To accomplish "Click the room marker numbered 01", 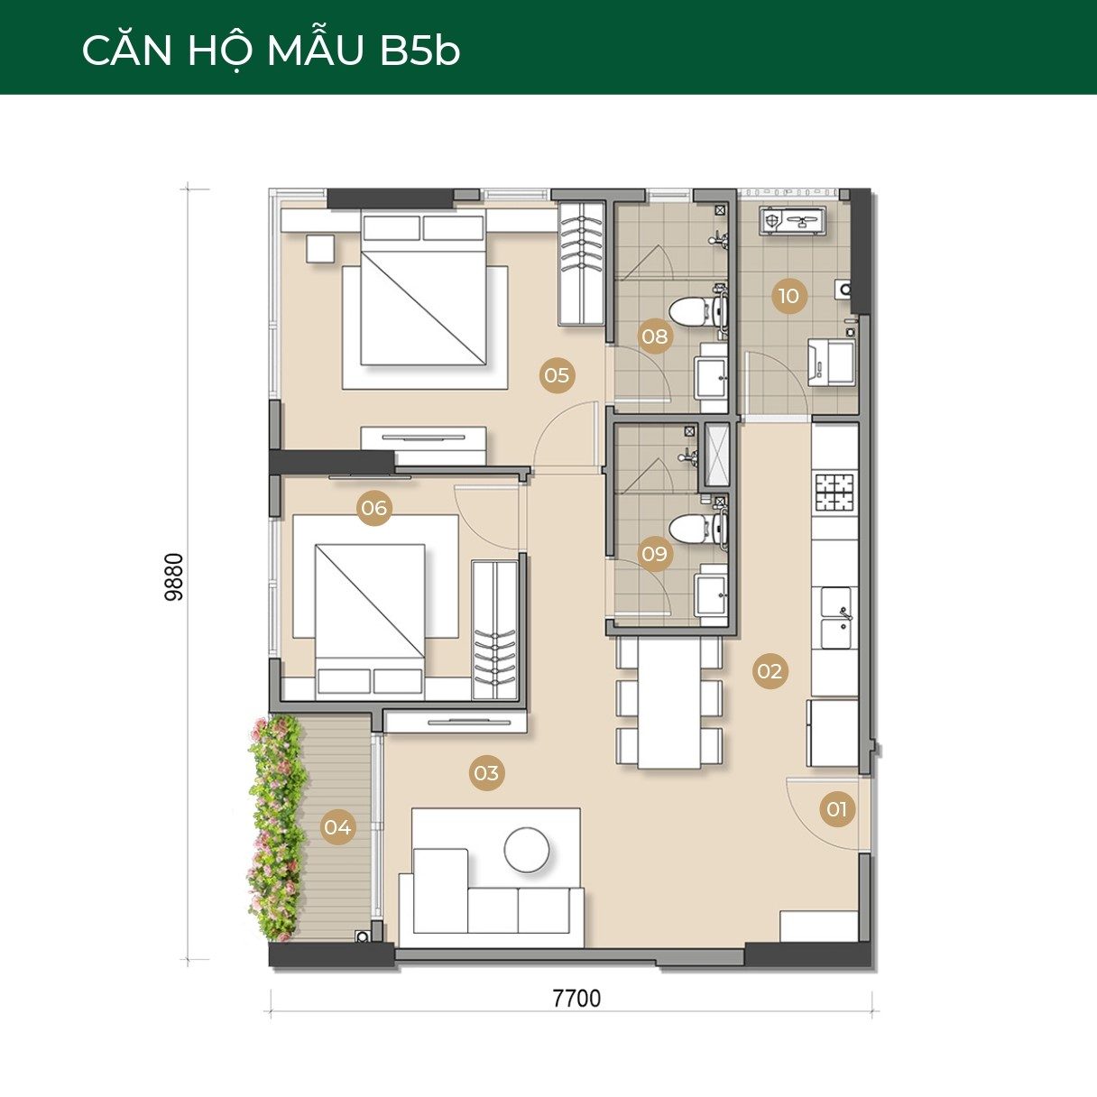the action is [x=837, y=809].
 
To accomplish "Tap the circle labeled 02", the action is [x=770, y=671].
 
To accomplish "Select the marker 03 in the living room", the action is [x=486, y=773].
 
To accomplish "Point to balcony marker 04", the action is [x=338, y=826].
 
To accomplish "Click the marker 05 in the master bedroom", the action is [x=558, y=375].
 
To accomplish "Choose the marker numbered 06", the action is [x=374, y=508].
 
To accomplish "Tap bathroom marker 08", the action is [x=655, y=336].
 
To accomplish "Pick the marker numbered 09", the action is [x=655, y=553].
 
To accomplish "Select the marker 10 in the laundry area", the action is [x=789, y=296].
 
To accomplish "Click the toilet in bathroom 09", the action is [x=692, y=530].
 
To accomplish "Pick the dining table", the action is [x=669, y=703].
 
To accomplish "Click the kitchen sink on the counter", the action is [x=835, y=619].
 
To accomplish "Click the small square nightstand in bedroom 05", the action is [x=321, y=249].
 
